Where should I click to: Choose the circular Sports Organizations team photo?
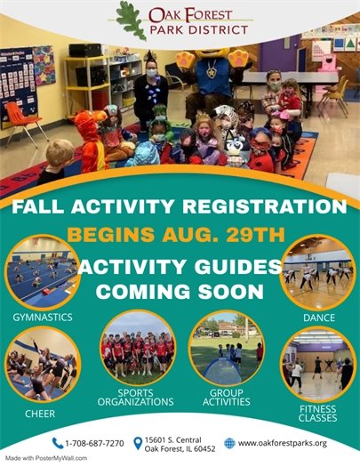click(x=137, y=348)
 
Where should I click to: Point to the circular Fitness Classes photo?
click(x=317, y=362)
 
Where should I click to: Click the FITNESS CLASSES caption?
click(x=317, y=411)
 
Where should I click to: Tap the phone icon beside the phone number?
click(x=59, y=442)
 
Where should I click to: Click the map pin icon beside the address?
click(x=138, y=442)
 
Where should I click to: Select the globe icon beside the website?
click(x=229, y=442)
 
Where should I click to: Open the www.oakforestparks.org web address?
click(x=283, y=442)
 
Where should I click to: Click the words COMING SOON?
click(x=180, y=290)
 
